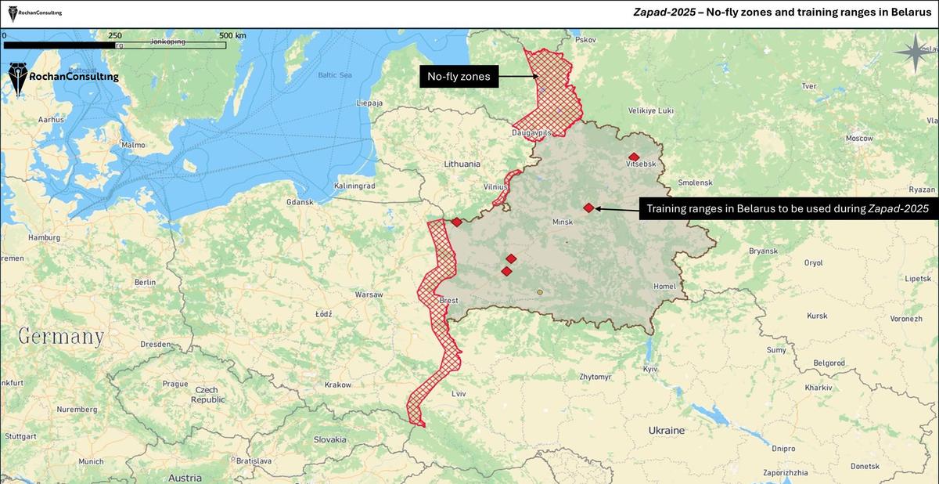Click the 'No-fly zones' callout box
[459, 77]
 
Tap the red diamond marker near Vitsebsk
[634, 157]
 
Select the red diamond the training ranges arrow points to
[588, 208]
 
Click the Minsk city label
[563, 222]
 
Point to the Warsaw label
[369, 295]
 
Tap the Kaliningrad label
[355, 186]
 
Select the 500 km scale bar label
[232, 35]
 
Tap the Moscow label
[858, 138]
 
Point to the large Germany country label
[61, 337]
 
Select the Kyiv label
[650, 368]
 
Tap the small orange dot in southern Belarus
[540, 292]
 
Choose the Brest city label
[449, 300]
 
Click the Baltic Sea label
[335, 75]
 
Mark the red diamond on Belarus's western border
[456, 222]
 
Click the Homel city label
[664, 287]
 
